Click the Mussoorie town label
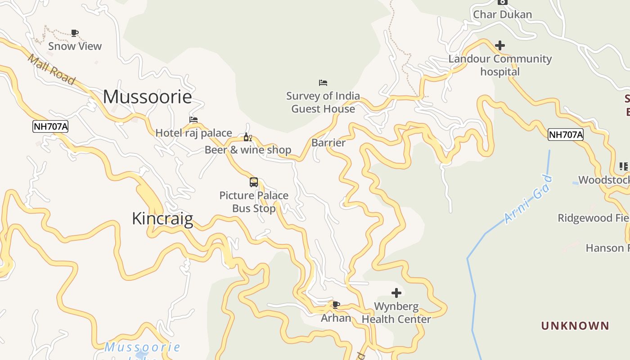coord(147,97)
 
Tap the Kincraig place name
coord(162,218)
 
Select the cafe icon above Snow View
coord(75,33)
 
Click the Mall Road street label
coord(51,69)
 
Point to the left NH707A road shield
coord(50,126)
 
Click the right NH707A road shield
coord(565,134)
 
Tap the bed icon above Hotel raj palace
coord(193,120)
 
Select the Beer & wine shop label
coord(248,150)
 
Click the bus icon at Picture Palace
coord(254,182)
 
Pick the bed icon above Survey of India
coord(323,83)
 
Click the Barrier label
coord(328,143)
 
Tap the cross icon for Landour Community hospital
coord(500,45)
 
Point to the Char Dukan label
coord(502,14)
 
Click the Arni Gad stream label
coord(528,199)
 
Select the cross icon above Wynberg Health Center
coord(396,293)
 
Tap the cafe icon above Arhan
coord(336,305)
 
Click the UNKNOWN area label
coord(575,325)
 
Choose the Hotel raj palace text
coord(193,133)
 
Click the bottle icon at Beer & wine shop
coord(247,137)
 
